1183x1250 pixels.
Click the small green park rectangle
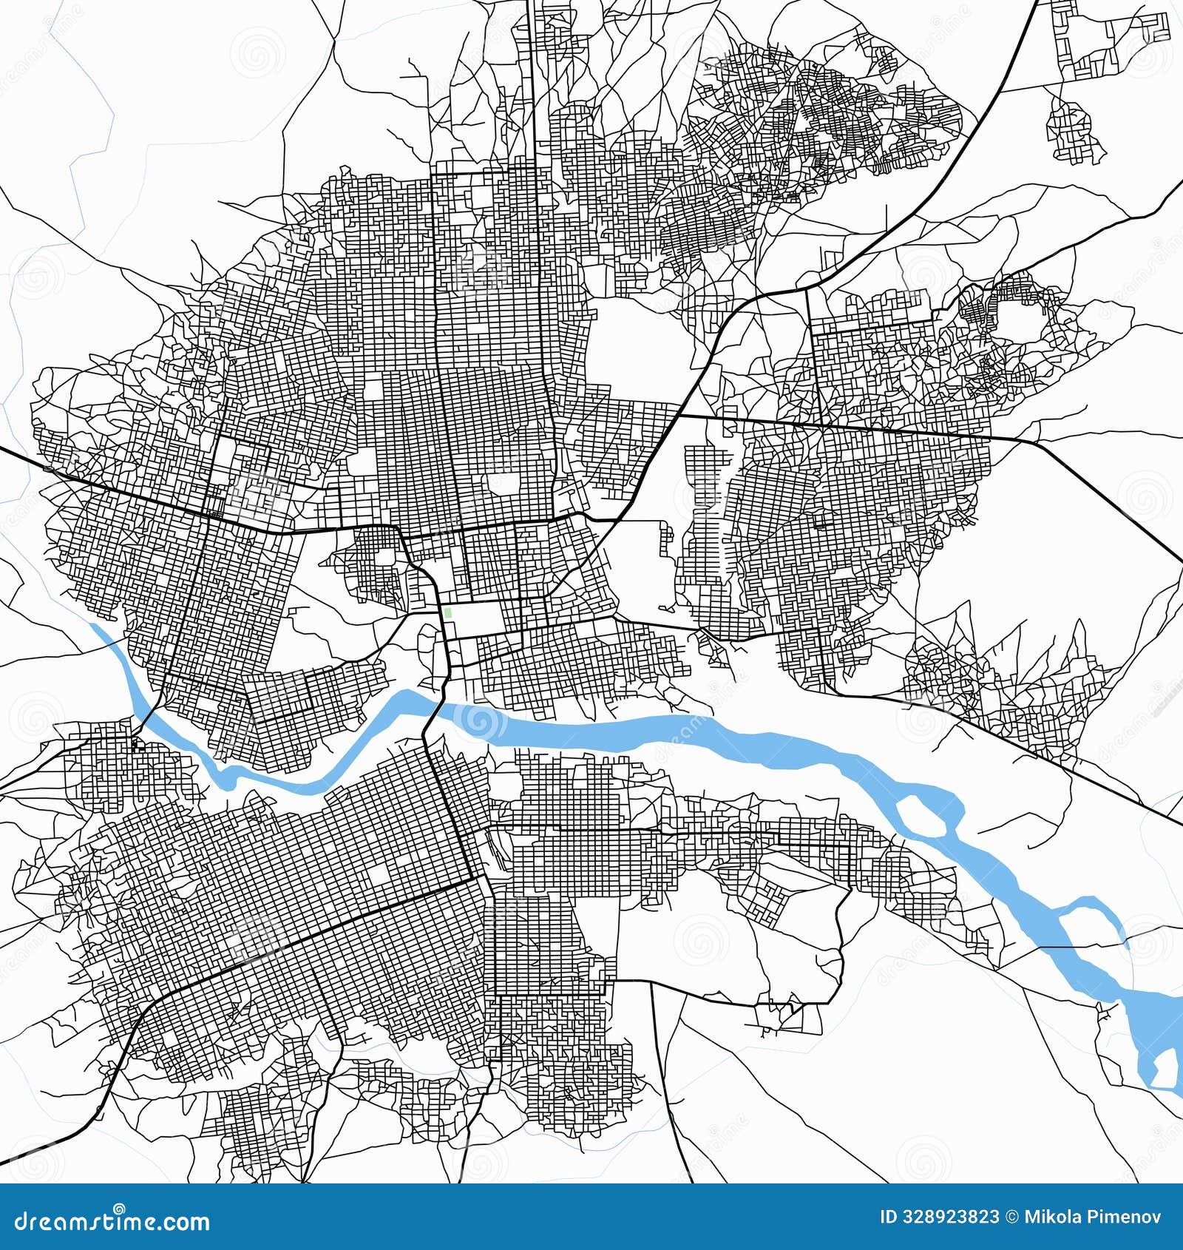[x=448, y=613]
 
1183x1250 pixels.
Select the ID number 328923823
[x=949, y=1217]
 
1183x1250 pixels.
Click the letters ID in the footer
[x=889, y=1217]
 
